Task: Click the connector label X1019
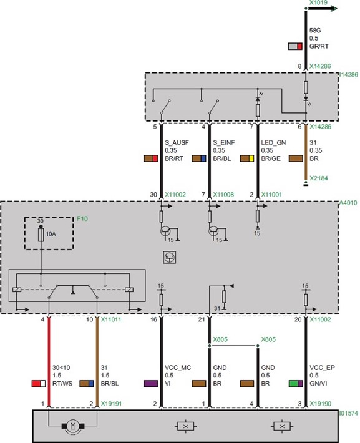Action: pyautogui.click(x=318, y=2)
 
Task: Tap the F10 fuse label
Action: pyautogui.click(x=82, y=218)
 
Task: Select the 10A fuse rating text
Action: pyautogui.click(x=51, y=234)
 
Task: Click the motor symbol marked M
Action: pyautogui.click(x=73, y=426)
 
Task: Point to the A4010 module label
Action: pyautogui.click(x=348, y=203)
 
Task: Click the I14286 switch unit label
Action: pyautogui.click(x=349, y=75)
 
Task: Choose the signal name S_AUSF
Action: pyautogui.click(x=177, y=143)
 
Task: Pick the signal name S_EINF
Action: pyautogui.click(x=224, y=143)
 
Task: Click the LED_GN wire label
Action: pyautogui.click(x=273, y=143)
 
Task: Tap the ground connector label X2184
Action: pyautogui.click(x=319, y=178)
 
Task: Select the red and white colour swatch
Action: pyautogui.click(x=39, y=383)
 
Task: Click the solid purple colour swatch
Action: pyautogui.click(x=150, y=383)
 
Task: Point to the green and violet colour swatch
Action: pyautogui.click(x=296, y=383)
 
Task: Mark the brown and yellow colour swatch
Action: pyautogui.click(x=247, y=158)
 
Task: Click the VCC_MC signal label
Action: pyautogui.click(x=178, y=368)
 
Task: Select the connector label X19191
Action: pyautogui.click(x=111, y=404)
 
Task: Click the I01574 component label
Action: pyautogui.click(x=349, y=413)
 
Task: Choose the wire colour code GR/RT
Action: pyautogui.click(x=319, y=46)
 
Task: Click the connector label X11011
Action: pyautogui.click(x=111, y=319)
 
